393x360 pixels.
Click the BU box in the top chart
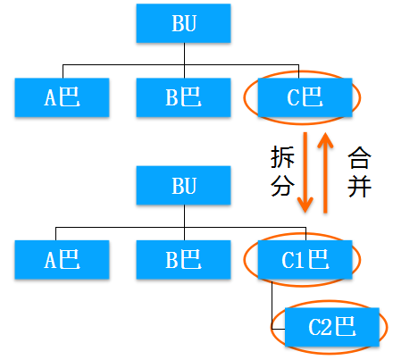(x=183, y=23)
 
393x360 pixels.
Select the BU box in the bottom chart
(x=183, y=185)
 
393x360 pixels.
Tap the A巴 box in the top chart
(x=62, y=97)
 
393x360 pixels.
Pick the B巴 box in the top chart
(x=183, y=97)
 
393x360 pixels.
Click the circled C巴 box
(x=305, y=97)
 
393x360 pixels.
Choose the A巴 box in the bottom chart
(x=62, y=260)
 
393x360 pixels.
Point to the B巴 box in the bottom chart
(x=183, y=260)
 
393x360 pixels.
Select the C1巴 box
(x=305, y=260)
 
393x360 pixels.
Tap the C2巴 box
(x=332, y=327)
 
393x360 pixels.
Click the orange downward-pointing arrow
(x=305, y=172)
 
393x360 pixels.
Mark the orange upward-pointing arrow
(x=325, y=172)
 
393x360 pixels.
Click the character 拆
(x=282, y=157)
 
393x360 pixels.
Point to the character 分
(x=282, y=186)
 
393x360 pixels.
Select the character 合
(x=359, y=157)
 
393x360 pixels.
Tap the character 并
(x=359, y=186)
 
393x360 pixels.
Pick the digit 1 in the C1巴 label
(x=302, y=260)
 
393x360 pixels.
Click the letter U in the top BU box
(x=190, y=23)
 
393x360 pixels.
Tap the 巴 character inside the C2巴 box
(x=346, y=327)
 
